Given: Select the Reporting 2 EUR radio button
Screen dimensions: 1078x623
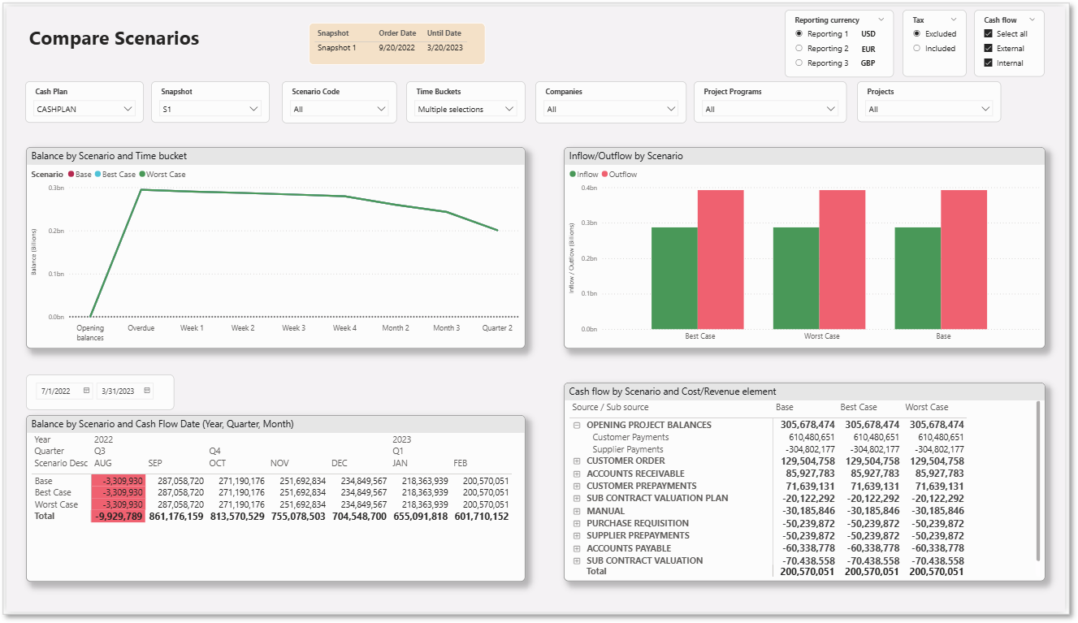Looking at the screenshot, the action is (x=799, y=48).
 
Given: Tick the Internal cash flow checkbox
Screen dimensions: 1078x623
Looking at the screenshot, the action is (x=988, y=63).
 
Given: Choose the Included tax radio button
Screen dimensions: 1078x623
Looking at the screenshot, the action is (x=916, y=48).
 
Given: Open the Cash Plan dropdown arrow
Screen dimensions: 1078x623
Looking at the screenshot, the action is (x=128, y=109).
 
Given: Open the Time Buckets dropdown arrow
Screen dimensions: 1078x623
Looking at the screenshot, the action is (x=509, y=109).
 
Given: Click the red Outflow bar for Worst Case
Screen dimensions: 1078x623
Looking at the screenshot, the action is (x=842, y=259).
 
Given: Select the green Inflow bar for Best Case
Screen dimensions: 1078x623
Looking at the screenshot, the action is (x=674, y=278).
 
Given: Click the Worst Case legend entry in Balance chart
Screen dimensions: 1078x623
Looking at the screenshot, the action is (x=162, y=174).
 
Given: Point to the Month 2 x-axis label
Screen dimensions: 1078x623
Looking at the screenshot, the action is (x=396, y=328).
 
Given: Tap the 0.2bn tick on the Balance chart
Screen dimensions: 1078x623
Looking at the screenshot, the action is (x=56, y=231).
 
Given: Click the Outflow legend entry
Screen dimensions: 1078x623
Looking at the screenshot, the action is (x=619, y=174).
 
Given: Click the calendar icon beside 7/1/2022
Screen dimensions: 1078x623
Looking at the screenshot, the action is (x=87, y=391).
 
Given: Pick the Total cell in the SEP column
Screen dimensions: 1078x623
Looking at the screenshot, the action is (x=176, y=517).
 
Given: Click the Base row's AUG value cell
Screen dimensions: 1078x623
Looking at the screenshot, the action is (x=119, y=481).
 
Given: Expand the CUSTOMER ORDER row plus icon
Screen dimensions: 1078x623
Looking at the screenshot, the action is (x=577, y=461).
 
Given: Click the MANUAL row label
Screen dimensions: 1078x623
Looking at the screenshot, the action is (x=605, y=511).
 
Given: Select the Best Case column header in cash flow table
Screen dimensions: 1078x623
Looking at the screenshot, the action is (x=859, y=407).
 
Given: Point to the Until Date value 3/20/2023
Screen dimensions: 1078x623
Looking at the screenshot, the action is (x=444, y=48).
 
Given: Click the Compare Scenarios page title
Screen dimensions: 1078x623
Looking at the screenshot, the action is (x=114, y=38).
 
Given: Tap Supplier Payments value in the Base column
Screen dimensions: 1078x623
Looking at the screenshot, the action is (x=810, y=449).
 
